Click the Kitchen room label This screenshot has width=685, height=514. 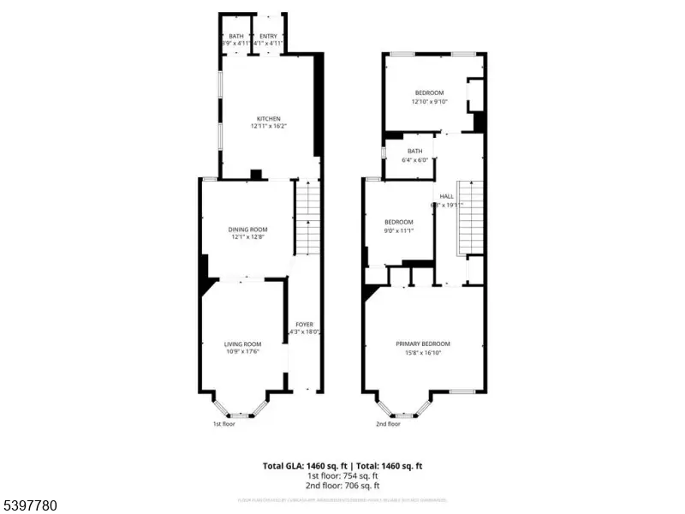click(269, 119)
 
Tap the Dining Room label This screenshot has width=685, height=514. click(248, 229)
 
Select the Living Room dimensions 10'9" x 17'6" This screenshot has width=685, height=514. click(241, 351)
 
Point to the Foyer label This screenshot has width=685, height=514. click(304, 324)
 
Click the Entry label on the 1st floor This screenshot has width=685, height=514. click(269, 36)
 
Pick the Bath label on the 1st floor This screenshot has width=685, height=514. click(235, 36)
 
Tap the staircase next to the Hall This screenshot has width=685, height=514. click(470, 218)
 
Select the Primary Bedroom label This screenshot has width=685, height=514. click(423, 344)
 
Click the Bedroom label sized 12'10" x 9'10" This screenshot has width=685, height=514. click(430, 93)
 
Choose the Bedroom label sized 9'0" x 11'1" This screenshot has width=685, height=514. click(398, 222)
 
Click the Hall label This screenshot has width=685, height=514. click(446, 196)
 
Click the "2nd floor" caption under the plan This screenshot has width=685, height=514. click(388, 423)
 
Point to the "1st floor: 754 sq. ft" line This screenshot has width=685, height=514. click(342, 475)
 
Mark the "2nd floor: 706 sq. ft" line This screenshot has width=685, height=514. click(342, 485)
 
